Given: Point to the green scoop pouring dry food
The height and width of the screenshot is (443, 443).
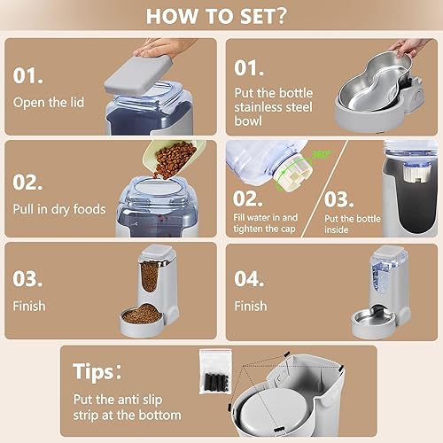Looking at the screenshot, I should pyautogui.click(x=173, y=157).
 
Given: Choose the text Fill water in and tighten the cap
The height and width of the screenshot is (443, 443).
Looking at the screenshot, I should pyautogui.click(x=266, y=222).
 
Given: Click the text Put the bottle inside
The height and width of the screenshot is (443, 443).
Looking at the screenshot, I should pyautogui.click(x=339, y=222).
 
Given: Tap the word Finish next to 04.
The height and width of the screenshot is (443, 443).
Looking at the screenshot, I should pyautogui.click(x=250, y=307).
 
